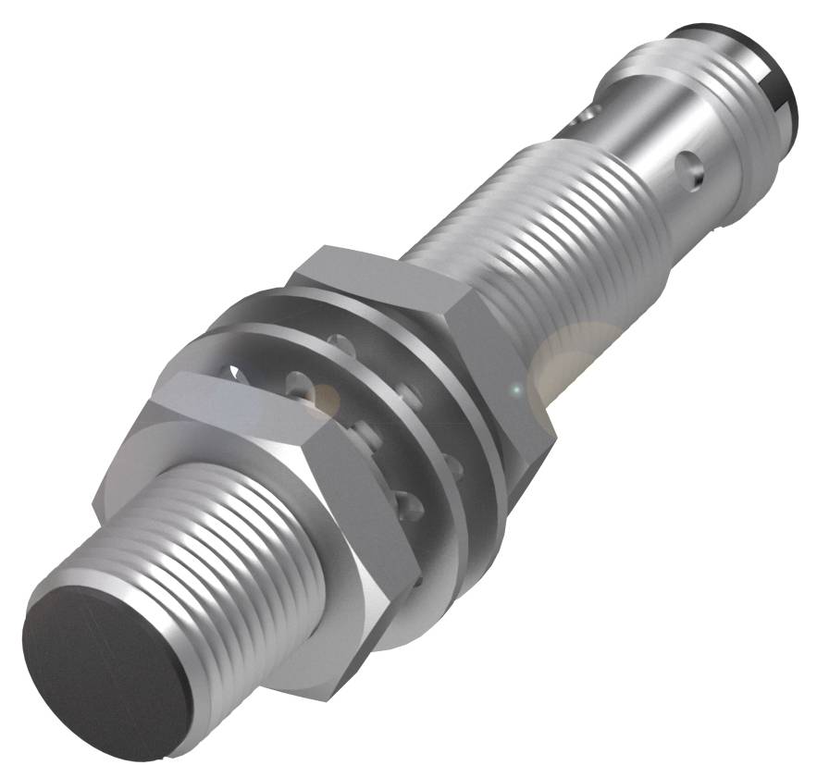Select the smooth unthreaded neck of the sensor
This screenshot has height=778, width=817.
(x=648, y=139)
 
